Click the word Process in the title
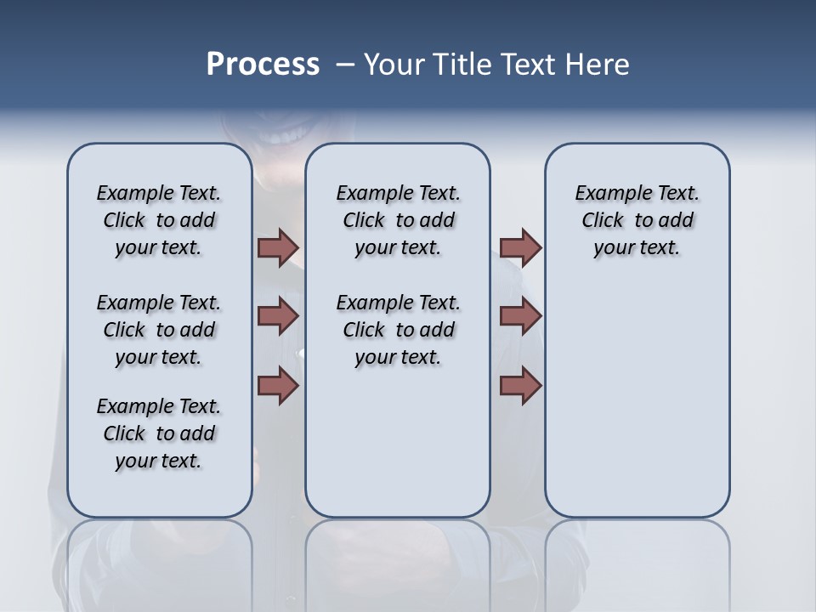coord(263,65)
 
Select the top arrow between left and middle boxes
coord(278,247)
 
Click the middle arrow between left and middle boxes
coord(278,316)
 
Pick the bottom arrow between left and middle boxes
coord(278,385)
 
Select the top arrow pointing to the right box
coord(520,247)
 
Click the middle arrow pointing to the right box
coord(520,316)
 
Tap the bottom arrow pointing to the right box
coord(520,385)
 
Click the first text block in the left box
coord(159,220)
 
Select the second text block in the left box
coord(159,330)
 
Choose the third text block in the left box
coord(159,433)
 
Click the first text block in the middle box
coord(398,220)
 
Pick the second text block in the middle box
coord(398,330)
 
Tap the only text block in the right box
coord(637,220)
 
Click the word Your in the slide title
coord(394,65)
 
